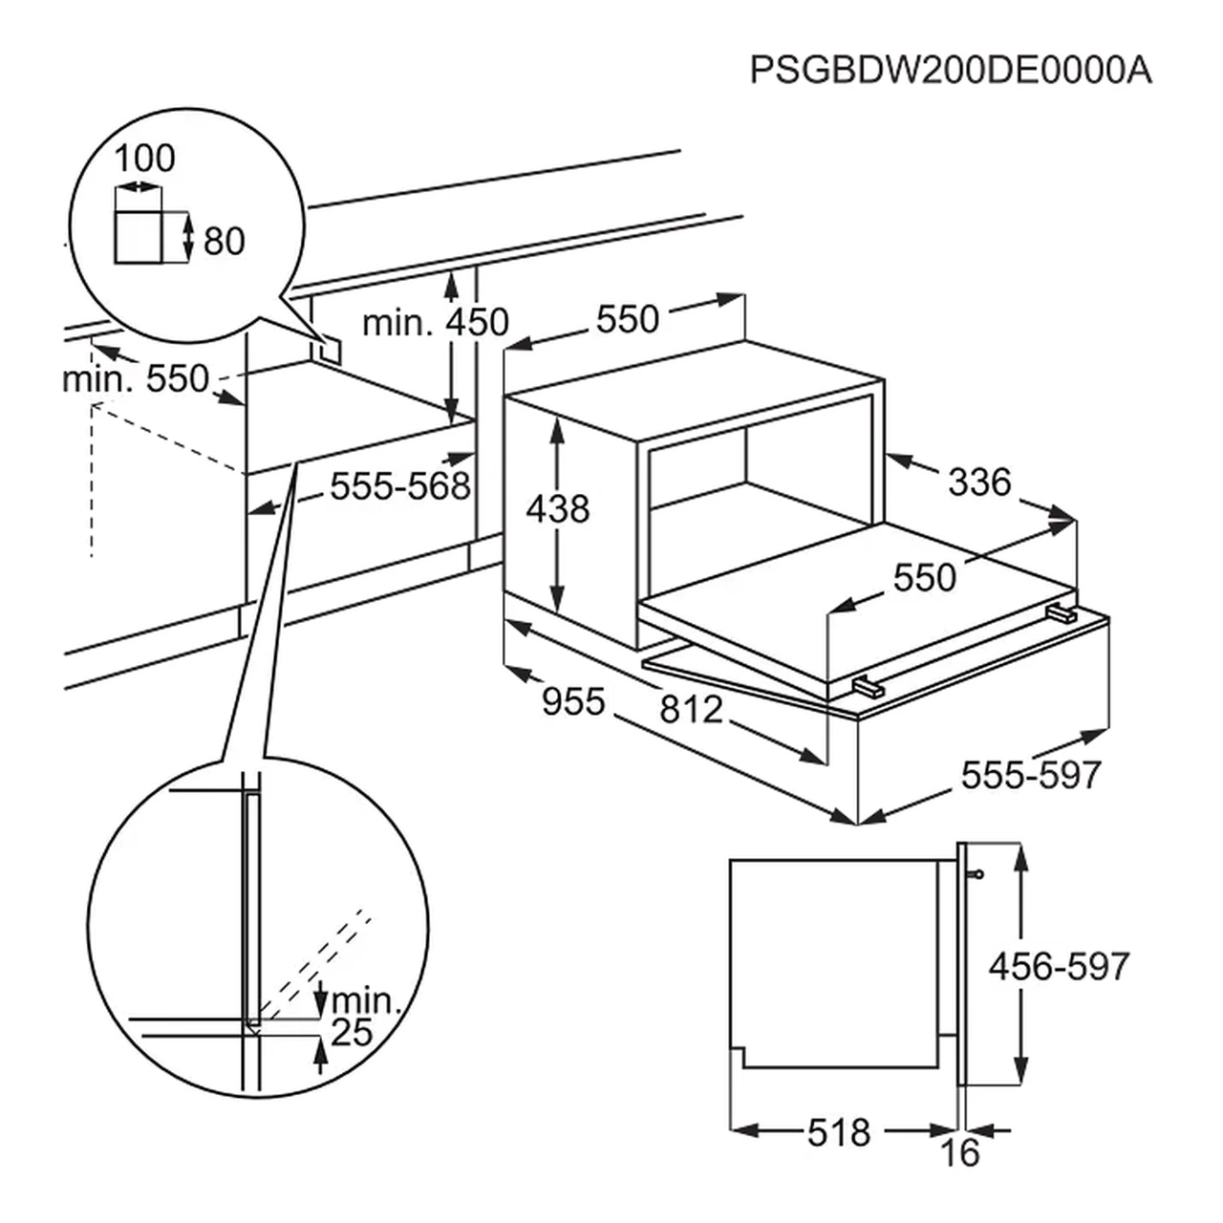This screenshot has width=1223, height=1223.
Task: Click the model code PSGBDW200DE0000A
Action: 951,71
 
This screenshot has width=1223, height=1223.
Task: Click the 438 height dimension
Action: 558,509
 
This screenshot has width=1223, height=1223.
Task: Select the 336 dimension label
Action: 979,483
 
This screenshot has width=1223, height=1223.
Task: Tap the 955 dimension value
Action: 573,702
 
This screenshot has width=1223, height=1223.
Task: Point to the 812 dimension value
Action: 690,709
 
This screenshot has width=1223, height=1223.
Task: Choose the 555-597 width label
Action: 1032,775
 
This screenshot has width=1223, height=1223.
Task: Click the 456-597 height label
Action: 1059,967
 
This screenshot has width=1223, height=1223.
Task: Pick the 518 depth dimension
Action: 839,1132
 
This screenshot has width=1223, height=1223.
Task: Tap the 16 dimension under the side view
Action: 960,1154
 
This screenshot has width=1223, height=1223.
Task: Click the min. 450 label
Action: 435,323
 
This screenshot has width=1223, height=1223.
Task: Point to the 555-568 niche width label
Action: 400,486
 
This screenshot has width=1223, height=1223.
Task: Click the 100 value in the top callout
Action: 145,158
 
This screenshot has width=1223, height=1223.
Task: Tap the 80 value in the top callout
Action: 224,241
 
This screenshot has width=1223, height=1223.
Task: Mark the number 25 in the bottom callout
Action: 351,1033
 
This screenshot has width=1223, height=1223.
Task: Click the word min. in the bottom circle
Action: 363,1001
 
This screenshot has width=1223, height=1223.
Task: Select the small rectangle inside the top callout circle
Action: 138,237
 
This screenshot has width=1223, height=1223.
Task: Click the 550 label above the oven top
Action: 628,319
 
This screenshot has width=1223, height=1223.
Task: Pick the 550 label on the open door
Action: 924,577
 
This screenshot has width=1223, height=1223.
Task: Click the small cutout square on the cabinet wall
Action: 332,349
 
